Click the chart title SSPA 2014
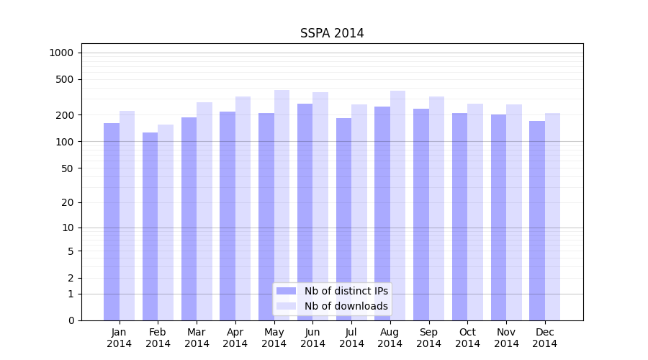tap(332, 33)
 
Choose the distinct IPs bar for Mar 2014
tap(189, 219)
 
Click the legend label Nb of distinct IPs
tap(346, 291)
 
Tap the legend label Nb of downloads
tap(346, 306)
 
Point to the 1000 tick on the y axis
tap(61, 53)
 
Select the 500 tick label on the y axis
tap(65, 79)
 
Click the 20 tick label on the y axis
tap(68, 202)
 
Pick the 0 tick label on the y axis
tap(71, 320)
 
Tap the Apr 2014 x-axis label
tap(235, 338)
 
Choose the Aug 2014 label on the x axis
tap(390, 338)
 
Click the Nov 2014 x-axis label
tap(506, 338)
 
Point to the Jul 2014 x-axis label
tap(351, 338)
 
